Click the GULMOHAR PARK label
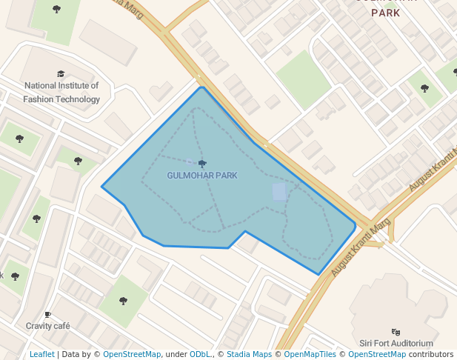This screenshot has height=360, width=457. pos(202,176)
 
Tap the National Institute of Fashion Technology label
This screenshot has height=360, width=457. pos(61,92)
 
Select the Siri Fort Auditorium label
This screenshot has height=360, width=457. pos(396,343)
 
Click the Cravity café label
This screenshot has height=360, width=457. pos(47,325)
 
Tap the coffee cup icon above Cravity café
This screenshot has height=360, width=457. pos(47,314)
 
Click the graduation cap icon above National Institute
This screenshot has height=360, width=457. pos(61,73)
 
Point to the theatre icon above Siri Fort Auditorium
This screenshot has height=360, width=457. pos(396,332)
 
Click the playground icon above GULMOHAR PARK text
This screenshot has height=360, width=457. pos(202,163)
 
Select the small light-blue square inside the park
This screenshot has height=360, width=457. pos(279,192)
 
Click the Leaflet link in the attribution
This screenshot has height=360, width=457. pos(41,354)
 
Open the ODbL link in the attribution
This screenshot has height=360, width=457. pos(199,354)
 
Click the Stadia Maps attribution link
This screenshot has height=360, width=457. pos(249,354)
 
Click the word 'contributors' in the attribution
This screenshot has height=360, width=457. pos(431,354)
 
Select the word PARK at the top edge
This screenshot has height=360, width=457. pos(385,13)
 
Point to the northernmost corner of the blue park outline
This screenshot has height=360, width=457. pos(201,87)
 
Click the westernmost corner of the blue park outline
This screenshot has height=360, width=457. pos(101,187)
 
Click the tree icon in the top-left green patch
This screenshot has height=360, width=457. pos(57,9)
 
